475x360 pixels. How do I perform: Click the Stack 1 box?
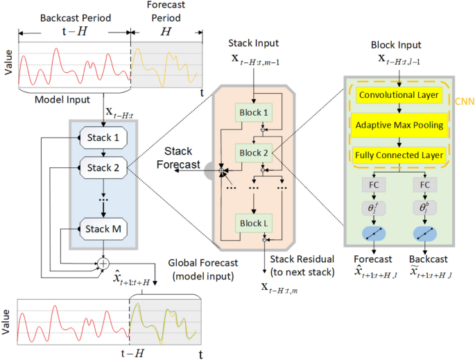tap(103, 137)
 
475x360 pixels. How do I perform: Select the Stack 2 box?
tap(103, 167)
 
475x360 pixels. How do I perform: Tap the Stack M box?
tap(103, 228)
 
